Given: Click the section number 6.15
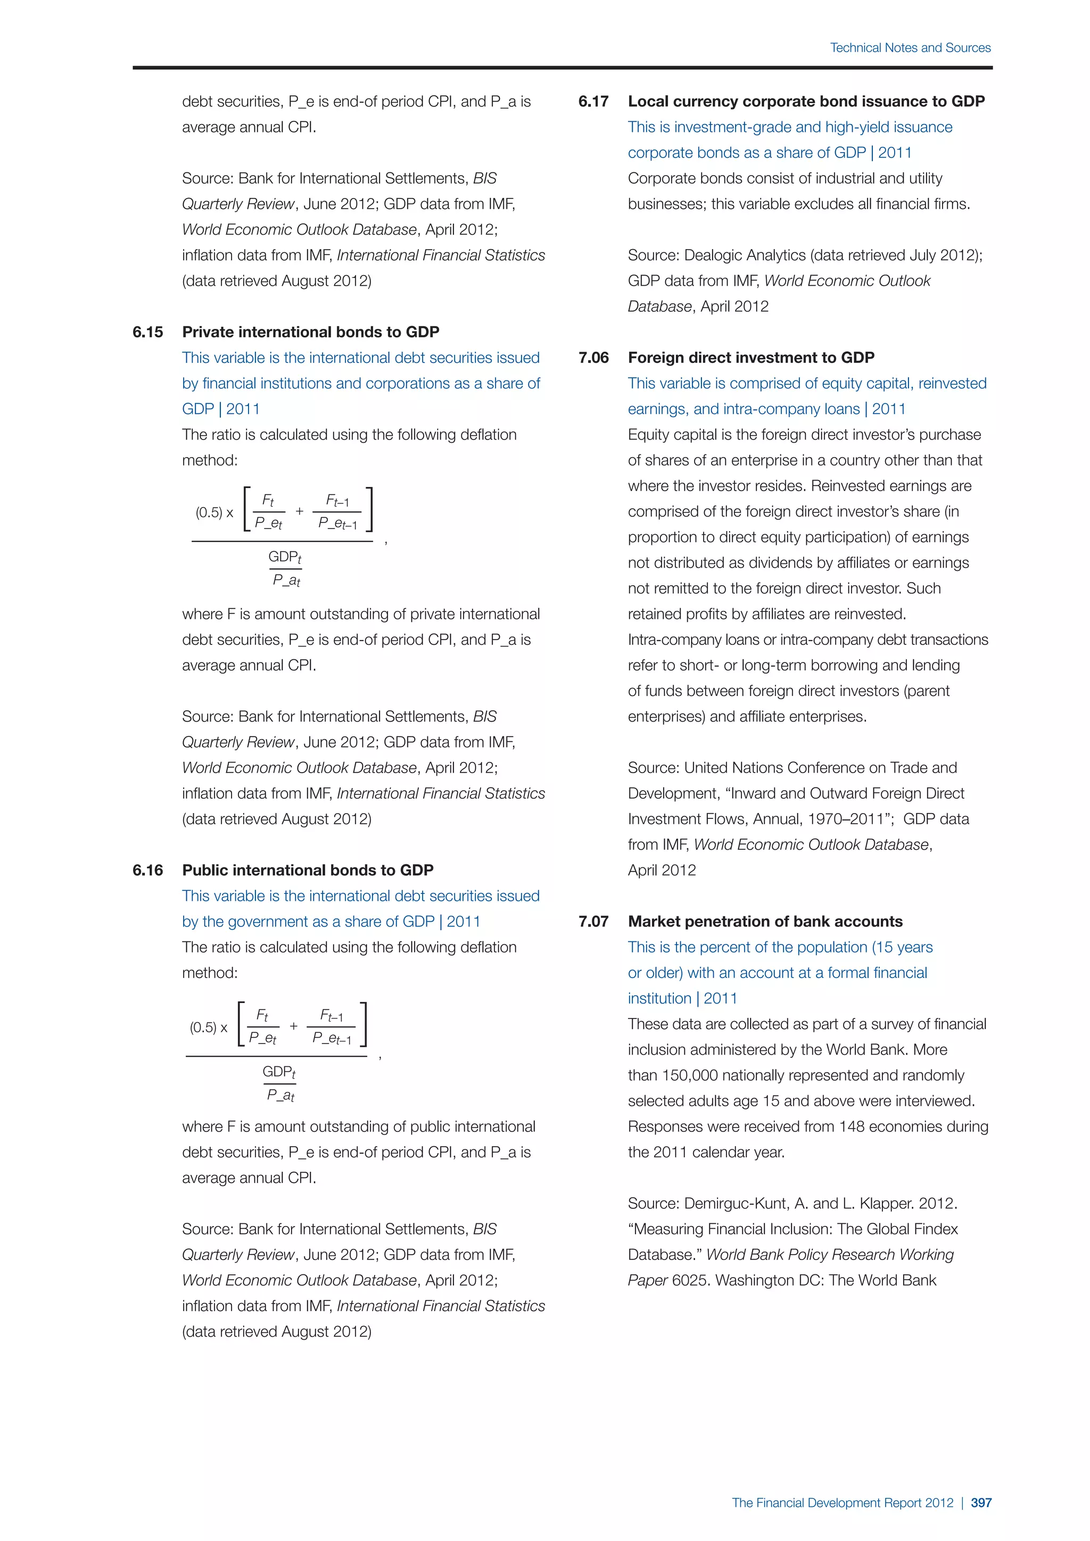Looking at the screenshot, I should [147, 332].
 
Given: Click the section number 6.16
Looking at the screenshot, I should [147, 871].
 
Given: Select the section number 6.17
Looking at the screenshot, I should [593, 101].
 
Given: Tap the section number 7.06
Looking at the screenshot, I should [593, 358].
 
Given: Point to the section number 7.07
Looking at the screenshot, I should [593, 922].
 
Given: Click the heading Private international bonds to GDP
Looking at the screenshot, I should [311, 332].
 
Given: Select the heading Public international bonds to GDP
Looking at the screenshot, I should [308, 871].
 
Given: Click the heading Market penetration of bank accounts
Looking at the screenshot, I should [765, 922].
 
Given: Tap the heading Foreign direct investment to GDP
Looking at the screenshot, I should [751, 358].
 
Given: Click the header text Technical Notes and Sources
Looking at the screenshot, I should [910, 48].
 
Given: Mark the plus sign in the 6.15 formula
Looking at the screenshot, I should [299, 511].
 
